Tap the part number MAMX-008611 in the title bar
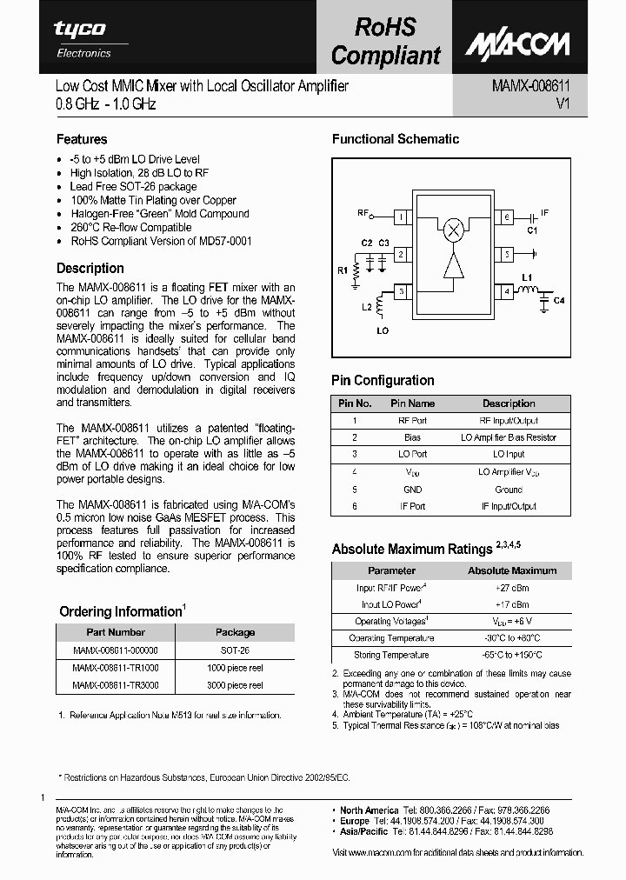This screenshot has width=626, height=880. [x=525, y=86]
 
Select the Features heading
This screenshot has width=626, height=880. [x=82, y=139]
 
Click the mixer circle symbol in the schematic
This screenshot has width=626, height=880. [x=453, y=230]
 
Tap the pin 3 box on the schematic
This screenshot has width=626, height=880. [x=401, y=293]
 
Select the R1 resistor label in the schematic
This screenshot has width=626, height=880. [x=343, y=270]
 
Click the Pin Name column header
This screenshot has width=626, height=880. [x=412, y=403]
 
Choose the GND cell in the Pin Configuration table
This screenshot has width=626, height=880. [x=412, y=489]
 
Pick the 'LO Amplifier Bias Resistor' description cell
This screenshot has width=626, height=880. [x=509, y=437]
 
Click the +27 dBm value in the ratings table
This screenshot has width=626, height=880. [x=512, y=588]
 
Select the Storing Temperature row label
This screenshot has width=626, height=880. [x=391, y=655]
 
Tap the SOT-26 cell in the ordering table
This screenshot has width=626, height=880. [x=235, y=650]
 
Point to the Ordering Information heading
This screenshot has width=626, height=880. [x=121, y=611]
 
